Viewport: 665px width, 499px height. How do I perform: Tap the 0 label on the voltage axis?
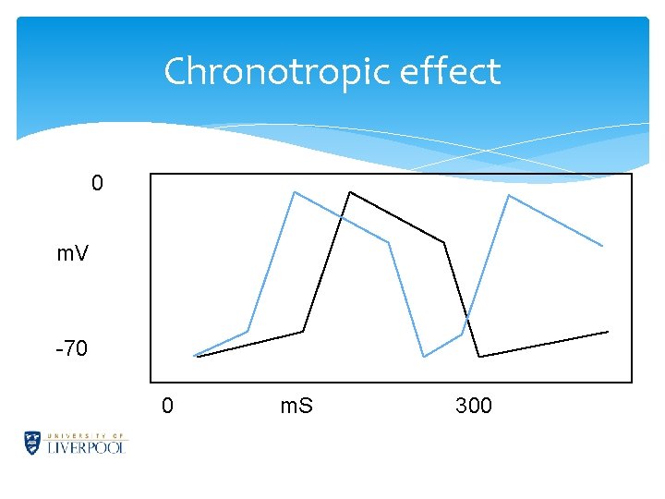coord(98,184)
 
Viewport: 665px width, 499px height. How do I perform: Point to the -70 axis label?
coord(71,349)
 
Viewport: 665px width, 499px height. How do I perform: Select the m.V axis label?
coord(72,253)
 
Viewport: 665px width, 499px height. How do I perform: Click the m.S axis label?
coord(296,406)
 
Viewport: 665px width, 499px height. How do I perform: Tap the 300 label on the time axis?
coord(474,406)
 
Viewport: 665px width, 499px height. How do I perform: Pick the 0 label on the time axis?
coord(167,406)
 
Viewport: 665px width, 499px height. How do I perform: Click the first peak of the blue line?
coord(294,192)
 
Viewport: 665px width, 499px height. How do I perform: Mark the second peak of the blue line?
coord(509,195)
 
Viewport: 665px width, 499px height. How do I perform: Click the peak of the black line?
coord(350,191)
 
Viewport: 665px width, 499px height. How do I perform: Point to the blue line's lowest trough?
coord(424,357)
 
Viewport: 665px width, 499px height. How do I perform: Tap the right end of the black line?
coord(608,331)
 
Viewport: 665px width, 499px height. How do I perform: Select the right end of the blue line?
coord(602,246)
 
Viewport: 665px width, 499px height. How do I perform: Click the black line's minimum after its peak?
coord(479,356)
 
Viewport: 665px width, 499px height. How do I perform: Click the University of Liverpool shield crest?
coord(33,443)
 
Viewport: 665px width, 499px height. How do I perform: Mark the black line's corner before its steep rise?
coord(302,331)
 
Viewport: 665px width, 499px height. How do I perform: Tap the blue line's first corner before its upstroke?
coord(248,331)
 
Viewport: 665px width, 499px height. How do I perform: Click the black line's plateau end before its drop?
coord(444,242)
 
